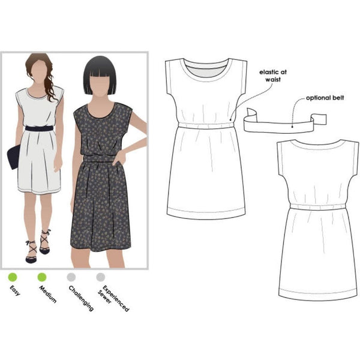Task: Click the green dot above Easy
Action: [11, 278]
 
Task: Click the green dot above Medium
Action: [42, 278]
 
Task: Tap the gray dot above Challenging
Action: [71, 278]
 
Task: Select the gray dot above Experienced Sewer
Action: [101, 278]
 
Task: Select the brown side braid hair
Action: [50, 84]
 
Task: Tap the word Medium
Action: [49, 295]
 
